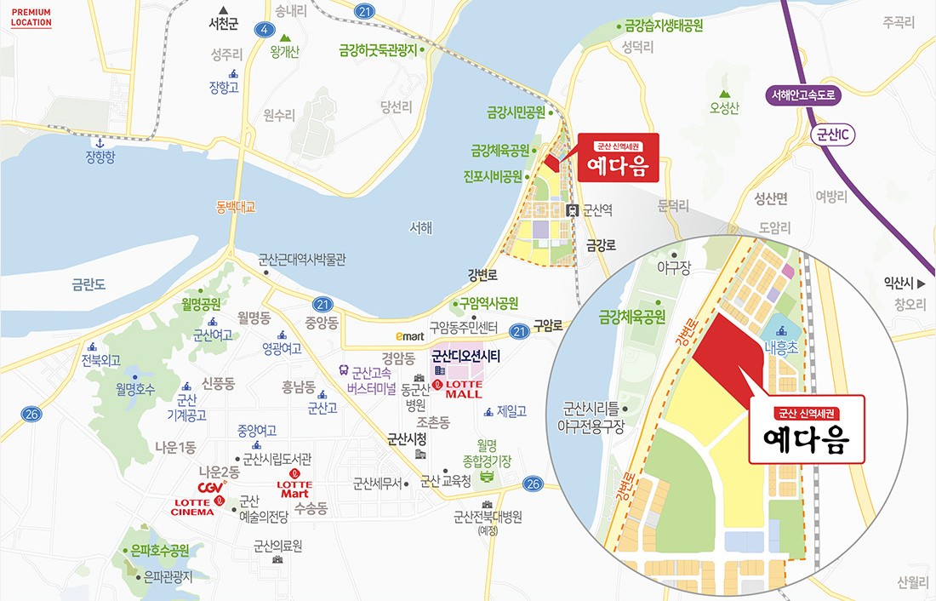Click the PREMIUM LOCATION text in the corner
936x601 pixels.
(31, 18)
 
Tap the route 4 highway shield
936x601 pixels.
(265, 31)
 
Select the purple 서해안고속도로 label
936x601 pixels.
(803, 95)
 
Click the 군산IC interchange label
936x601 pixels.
(835, 135)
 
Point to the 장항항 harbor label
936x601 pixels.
(100, 157)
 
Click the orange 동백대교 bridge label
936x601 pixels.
(236, 206)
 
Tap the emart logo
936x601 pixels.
(408, 336)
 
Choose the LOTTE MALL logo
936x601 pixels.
(458, 389)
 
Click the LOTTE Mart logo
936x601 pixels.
(294, 488)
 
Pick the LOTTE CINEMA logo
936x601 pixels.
(192, 507)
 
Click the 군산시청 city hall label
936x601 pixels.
(407, 440)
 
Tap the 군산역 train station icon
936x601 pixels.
(574, 209)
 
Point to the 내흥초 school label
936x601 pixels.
(780, 347)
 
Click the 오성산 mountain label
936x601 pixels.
(724, 107)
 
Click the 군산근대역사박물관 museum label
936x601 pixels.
(302, 260)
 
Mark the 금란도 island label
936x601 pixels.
(88, 284)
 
